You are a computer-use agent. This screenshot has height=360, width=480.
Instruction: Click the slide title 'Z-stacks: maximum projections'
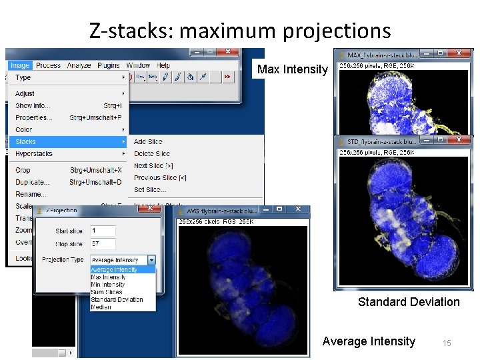click(240, 30)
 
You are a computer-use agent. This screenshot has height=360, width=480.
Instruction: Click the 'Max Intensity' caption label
click(293, 69)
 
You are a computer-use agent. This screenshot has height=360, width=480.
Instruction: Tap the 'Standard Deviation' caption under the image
click(409, 302)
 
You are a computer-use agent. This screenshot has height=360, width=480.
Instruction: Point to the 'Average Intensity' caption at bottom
click(369, 341)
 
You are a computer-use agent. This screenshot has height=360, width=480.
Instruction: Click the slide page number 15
click(447, 343)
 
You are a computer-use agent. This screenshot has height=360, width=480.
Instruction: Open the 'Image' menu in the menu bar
click(20, 65)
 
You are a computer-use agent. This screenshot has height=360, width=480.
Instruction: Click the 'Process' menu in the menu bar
click(48, 65)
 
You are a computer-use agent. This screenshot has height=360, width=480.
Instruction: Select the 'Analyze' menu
click(79, 65)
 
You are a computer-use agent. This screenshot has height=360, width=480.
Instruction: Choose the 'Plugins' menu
click(109, 65)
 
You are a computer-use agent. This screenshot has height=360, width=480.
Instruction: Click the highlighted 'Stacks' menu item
click(27, 141)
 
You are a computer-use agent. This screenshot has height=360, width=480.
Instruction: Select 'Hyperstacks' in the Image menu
click(34, 153)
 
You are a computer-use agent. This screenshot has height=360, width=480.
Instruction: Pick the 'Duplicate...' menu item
click(32, 182)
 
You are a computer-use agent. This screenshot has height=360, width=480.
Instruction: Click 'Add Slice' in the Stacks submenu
click(148, 141)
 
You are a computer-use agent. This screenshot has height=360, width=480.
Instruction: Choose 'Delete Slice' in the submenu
click(153, 153)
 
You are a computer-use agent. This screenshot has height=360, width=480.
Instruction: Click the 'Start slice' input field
click(103, 230)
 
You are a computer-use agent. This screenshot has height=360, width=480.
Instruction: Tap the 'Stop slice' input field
click(103, 243)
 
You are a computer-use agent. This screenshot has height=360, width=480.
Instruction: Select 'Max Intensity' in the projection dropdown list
click(109, 277)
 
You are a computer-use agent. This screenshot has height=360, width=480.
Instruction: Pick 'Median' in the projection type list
click(101, 307)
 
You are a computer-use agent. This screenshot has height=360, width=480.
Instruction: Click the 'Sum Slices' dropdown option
click(107, 292)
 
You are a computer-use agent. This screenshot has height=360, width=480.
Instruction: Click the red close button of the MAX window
click(459, 53)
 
